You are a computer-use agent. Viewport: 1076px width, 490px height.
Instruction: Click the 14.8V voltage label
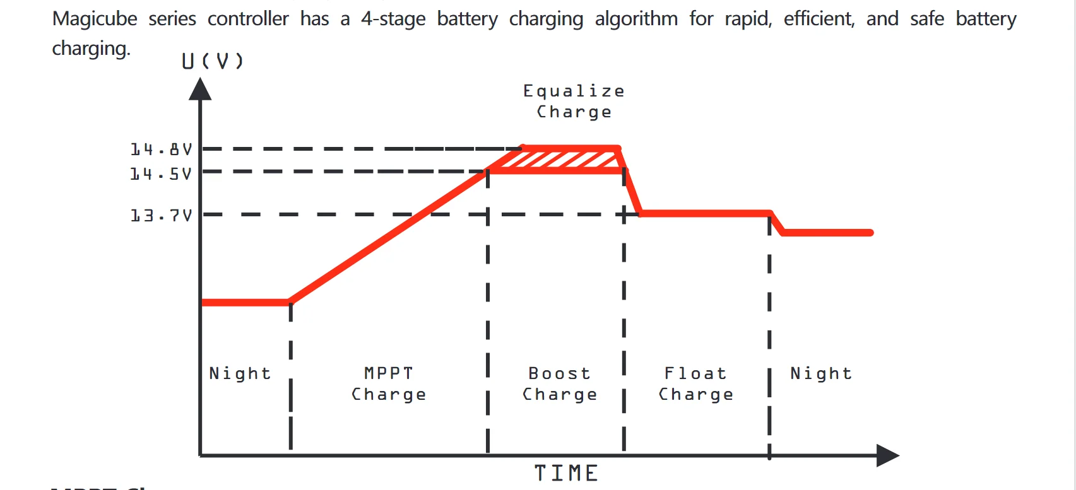[161, 149]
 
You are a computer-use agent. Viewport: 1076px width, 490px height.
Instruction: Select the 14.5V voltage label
[161, 173]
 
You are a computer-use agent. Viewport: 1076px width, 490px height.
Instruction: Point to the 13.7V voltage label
[161, 216]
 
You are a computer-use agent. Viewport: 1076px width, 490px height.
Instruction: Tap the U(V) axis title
[212, 61]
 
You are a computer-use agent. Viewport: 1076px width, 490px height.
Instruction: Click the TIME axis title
[566, 473]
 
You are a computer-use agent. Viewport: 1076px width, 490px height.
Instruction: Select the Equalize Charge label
[574, 102]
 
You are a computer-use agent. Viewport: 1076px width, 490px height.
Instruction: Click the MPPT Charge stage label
[389, 383]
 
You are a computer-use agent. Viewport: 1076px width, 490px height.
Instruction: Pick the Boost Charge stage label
[560, 383]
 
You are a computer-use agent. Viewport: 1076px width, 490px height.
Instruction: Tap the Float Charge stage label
[695, 383]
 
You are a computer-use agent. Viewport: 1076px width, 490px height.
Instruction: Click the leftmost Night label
[240, 373]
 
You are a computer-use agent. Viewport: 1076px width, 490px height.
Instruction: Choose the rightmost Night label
[821, 373]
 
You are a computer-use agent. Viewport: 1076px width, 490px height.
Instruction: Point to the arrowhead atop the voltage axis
[200, 90]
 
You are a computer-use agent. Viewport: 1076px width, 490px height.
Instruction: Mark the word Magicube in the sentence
[95, 19]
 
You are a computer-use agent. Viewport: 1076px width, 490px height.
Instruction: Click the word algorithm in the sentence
[636, 19]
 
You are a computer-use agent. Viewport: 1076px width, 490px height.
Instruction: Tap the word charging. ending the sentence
[91, 49]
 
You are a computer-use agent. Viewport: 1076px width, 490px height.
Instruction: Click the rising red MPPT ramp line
[388, 236]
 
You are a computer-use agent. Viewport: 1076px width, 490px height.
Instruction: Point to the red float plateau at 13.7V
[706, 213]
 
